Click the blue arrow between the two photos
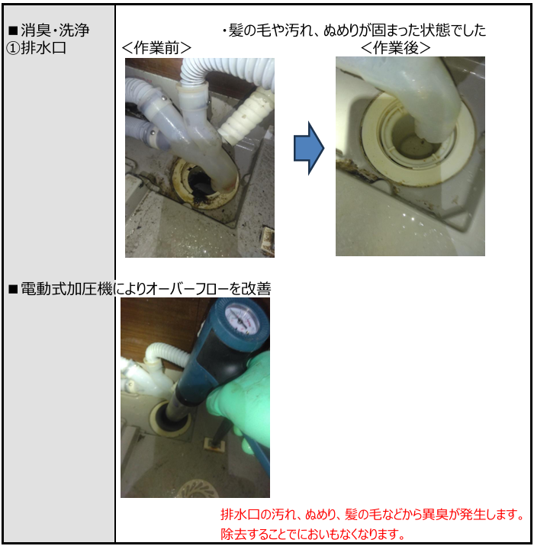309,148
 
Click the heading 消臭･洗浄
55,31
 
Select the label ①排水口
36,48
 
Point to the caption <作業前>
156,48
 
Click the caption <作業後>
396,48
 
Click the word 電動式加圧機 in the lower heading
67,289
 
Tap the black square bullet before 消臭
13,31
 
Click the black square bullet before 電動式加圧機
13,289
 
